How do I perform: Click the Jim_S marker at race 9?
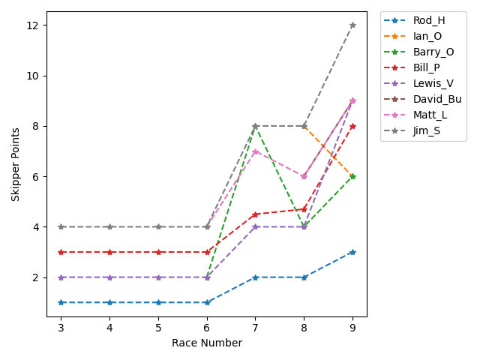click(x=352, y=25)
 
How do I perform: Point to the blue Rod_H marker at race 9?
click(x=352, y=252)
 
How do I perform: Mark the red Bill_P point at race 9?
click(x=352, y=126)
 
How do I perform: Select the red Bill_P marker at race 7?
click(x=256, y=214)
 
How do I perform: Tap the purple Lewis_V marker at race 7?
click(x=256, y=226)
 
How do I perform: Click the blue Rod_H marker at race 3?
click(x=61, y=302)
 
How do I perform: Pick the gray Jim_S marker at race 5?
click(x=158, y=226)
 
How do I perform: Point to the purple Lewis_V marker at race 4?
click(x=109, y=277)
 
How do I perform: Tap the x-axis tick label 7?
click(x=256, y=328)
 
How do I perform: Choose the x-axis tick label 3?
click(x=61, y=328)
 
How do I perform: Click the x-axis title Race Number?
click(x=207, y=343)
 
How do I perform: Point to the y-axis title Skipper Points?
click(x=16, y=164)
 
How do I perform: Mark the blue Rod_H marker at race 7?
click(x=256, y=277)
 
